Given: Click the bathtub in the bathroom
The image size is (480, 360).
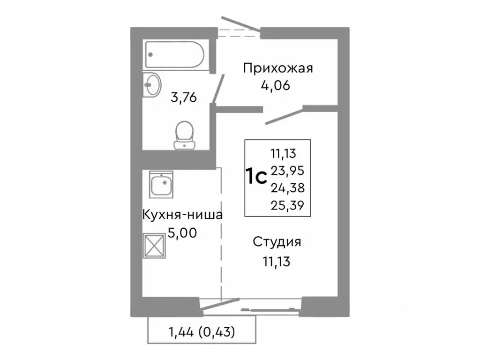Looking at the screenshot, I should click(x=173, y=54).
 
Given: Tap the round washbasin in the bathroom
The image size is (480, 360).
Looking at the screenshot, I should click(x=152, y=84).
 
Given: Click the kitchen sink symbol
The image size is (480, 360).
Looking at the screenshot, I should click(x=161, y=184).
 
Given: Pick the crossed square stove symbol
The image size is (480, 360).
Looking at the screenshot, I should click(x=155, y=245).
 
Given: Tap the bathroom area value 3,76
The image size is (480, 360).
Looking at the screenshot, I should click(x=183, y=98).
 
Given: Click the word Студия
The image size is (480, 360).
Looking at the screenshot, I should click(x=277, y=242).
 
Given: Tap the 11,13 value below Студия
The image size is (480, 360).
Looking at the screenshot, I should click(x=277, y=261).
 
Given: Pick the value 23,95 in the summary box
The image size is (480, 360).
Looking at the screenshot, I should click(x=287, y=171).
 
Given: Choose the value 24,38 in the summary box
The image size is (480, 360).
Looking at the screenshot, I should click(x=287, y=188).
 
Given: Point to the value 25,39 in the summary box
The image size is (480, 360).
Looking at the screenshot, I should click(x=287, y=205).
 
